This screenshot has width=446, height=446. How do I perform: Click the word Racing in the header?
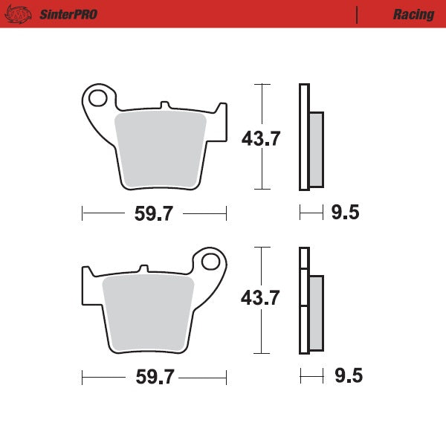click(x=414, y=14)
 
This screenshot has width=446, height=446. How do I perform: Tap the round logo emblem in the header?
click(x=22, y=13)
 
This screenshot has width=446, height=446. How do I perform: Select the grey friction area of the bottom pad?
click(x=146, y=312)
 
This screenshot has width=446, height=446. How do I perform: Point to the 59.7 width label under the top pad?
click(x=154, y=214)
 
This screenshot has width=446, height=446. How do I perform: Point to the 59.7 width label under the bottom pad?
click(x=154, y=377)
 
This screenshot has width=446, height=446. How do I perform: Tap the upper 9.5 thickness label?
click(x=345, y=214)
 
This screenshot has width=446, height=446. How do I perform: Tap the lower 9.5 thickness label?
click(x=347, y=376)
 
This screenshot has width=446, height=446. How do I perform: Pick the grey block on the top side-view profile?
click(x=315, y=149)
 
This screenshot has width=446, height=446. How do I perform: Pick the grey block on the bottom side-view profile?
click(x=315, y=312)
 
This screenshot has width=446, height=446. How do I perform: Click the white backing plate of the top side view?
click(x=303, y=138)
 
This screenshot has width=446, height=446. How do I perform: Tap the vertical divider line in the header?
click(x=358, y=14)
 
